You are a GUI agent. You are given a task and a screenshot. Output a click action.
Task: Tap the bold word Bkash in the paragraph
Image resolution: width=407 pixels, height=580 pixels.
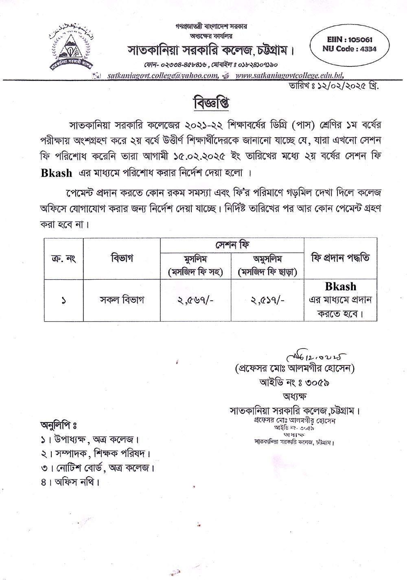pos(56,173)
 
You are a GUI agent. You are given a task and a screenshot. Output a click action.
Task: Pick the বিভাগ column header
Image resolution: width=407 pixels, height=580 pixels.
pos(122,258)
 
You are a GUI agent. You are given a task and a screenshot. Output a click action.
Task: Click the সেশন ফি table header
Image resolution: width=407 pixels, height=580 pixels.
pos(232,245)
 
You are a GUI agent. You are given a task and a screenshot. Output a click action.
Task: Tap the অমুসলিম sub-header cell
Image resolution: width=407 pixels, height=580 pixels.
pos(267,265)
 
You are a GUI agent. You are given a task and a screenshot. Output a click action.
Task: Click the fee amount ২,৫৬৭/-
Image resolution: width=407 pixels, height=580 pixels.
pos(196,300)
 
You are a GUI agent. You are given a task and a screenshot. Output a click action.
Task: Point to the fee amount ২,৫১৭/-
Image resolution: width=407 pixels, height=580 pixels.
pos(267,300)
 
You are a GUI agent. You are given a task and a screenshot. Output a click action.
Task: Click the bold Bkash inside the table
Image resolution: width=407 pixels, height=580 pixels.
pos(340,287)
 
